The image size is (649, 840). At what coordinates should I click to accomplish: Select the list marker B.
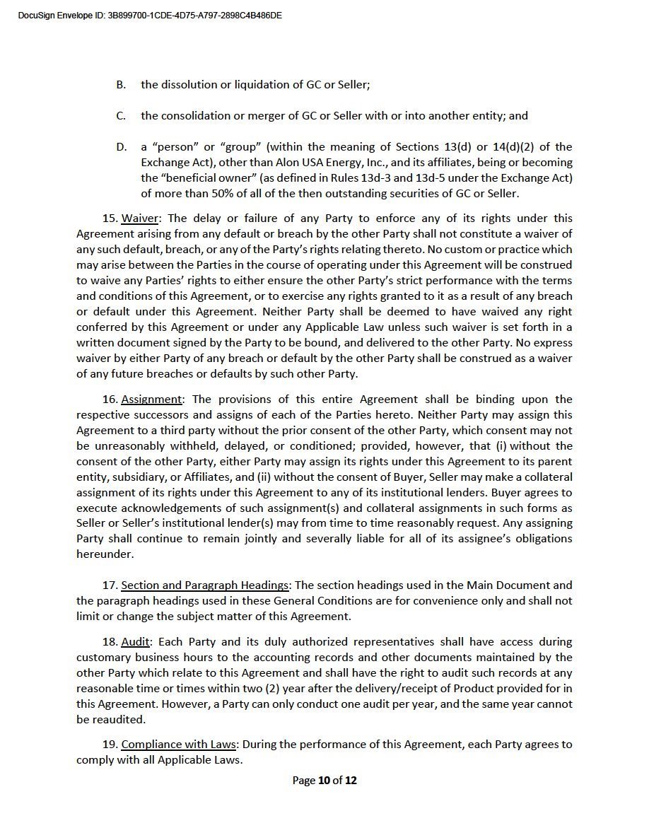(121, 85)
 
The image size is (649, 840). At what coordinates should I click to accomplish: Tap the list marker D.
(122, 147)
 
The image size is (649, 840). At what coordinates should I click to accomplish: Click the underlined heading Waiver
(139, 218)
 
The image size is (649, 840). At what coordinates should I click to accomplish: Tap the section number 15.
(110, 218)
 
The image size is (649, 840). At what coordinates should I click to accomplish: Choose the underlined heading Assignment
(151, 399)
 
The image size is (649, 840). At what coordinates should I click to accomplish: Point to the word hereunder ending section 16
(104, 554)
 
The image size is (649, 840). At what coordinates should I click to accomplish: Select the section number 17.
(110, 585)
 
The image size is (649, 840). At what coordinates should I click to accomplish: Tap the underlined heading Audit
(136, 642)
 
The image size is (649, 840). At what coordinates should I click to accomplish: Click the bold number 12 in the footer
(350, 781)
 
